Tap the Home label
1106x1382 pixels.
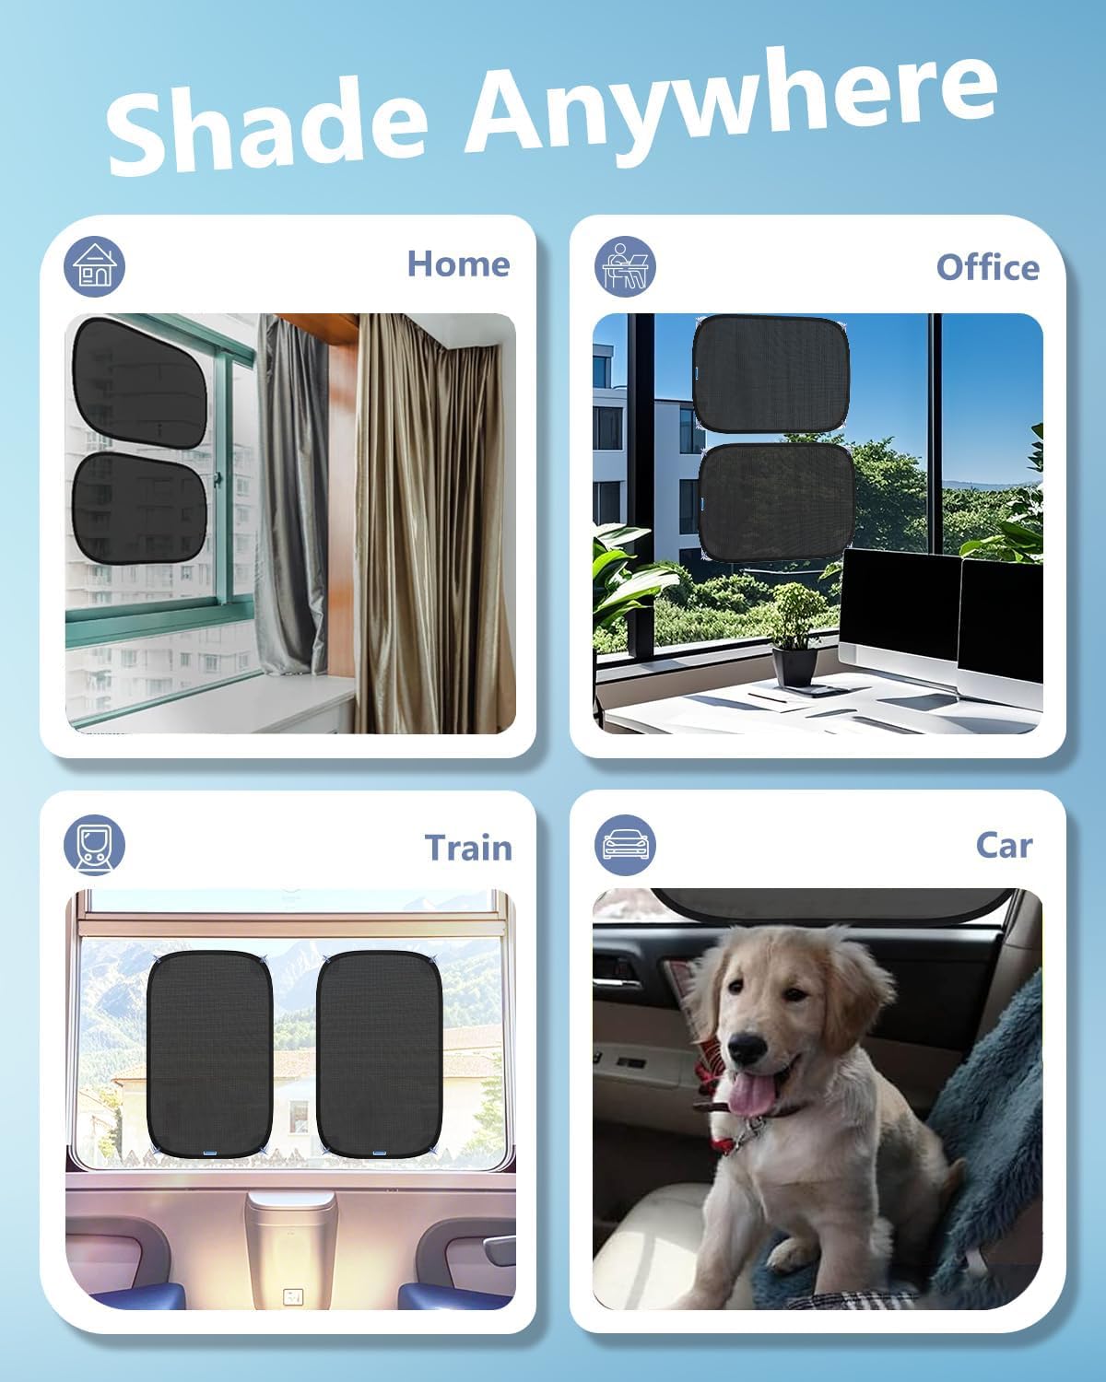click(459, 264)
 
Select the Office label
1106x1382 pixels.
click(988, 267)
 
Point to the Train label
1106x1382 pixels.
click(468, 848)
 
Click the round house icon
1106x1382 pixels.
click(94, 266)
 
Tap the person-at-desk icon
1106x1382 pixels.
click(625, 266)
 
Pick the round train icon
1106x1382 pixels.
click(94, 845)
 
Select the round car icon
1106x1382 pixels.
click(625, 845)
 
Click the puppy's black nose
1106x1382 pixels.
click(747, 1048)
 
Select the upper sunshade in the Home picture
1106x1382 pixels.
click(139, 382)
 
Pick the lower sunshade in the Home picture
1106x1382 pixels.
click(139, 508)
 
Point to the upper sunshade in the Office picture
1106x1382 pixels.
click(771, 374)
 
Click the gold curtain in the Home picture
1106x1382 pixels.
click(434, 523)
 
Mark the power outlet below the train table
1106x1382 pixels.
click(293, 1297)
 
